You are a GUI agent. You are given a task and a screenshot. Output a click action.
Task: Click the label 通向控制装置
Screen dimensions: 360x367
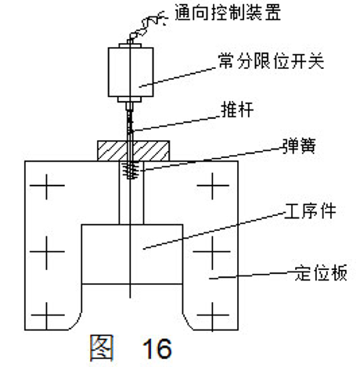click(228, 13)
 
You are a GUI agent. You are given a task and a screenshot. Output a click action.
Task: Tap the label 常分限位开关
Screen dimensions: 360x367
click(271, 61)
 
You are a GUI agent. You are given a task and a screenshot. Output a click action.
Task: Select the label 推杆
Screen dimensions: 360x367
click(237, 110)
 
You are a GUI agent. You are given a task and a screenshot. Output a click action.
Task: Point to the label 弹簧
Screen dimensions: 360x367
click(299, 146)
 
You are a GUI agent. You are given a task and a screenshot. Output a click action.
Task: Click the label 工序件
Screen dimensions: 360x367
click(310, 211)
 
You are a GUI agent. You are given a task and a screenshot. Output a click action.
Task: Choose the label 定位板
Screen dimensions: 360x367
click(321, 273)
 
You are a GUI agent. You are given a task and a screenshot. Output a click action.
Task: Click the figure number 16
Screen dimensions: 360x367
click(157, 348)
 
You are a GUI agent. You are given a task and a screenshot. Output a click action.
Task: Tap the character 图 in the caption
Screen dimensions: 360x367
click(102, 348)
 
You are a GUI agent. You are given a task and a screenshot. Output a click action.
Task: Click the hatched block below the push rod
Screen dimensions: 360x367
click(134, 151)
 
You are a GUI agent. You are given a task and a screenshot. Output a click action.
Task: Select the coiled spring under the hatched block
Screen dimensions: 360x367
click(130, 170)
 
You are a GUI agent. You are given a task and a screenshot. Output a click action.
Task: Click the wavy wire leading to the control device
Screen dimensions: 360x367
click(146, 26)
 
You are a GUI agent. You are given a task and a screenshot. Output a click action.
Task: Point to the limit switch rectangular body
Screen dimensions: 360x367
click(131, 72)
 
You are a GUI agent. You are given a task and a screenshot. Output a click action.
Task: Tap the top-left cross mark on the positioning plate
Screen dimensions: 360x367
click(47, 186)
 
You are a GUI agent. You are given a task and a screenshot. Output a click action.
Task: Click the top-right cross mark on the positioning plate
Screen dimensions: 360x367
click(213, 185)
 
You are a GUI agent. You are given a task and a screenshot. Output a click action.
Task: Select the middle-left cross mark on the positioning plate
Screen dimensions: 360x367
click(47, 252)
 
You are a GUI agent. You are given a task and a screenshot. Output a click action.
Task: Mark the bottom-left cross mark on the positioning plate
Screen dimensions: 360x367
click(47, 315)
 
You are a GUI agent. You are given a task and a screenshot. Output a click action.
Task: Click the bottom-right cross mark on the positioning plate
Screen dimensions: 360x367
click(213, 315)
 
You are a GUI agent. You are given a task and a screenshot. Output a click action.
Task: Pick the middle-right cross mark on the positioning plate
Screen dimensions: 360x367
click(212, 252)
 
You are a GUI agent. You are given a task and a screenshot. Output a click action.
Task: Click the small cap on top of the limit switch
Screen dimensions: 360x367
click(130, 45)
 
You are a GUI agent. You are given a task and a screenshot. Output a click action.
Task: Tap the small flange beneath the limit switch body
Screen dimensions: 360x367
click(130, 99)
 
